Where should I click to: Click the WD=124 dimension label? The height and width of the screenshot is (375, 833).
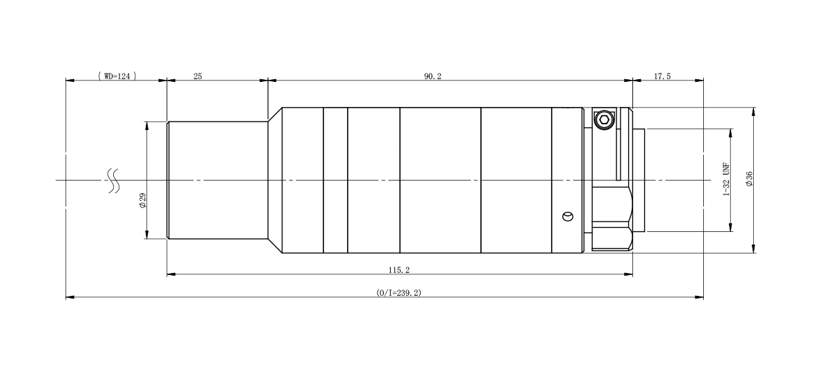pyautogui.click(x=117, y=76)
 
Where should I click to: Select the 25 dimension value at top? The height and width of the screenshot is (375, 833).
pyautogui.click(x=198, y=76)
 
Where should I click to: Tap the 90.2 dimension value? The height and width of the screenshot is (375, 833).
pyautogui.click(x=432, y=76)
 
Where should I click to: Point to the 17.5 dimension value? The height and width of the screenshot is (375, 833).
pyautogui.click(x=662, y=76)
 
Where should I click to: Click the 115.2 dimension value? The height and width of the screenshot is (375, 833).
pyautogui.click(x=399, y=270)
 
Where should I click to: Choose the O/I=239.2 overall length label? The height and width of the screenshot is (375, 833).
pyautogui.click(x=398, y=293)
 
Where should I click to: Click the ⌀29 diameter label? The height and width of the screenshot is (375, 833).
pyautogui.click(x=143, y=201)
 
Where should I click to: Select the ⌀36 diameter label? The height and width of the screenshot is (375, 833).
pyautogui.click(x=749, y=179)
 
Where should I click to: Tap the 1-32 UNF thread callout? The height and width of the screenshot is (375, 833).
pyautogui.click(x=726, y=179)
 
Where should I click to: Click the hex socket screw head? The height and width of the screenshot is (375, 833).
pyautogui.click(x=603, y=119)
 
